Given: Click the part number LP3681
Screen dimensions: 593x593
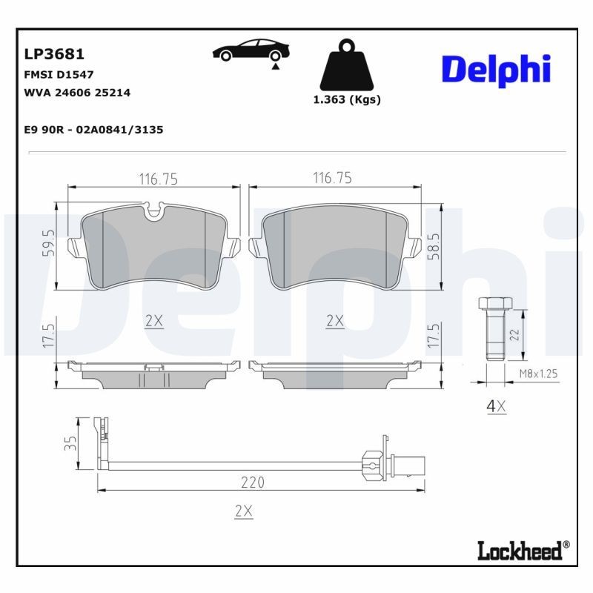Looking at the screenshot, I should click(x=54, y=54).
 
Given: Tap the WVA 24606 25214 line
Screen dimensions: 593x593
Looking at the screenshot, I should click(x=77, y=93).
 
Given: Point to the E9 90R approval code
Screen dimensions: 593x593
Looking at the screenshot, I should click(x=93, y=130).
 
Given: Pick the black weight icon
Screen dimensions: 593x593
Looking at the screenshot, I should click(x=346, y=65).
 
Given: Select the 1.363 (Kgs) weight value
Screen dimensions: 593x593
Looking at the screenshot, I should click(x=346, y=100).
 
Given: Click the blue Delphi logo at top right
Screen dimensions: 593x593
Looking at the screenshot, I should click(x=496, y=68).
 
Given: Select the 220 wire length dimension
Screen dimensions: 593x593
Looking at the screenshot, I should click(x=252, y=483).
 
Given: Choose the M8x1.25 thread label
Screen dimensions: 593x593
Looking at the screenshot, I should click(x=538, y=374).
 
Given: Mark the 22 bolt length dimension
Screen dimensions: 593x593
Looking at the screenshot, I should click(x=514, y=335).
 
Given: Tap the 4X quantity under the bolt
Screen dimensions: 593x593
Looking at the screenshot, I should click(x=496, y=405).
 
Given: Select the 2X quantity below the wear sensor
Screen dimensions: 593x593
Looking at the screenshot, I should click(x=243, y=511).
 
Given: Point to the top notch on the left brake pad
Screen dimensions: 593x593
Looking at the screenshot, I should click(x=155, y=212).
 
